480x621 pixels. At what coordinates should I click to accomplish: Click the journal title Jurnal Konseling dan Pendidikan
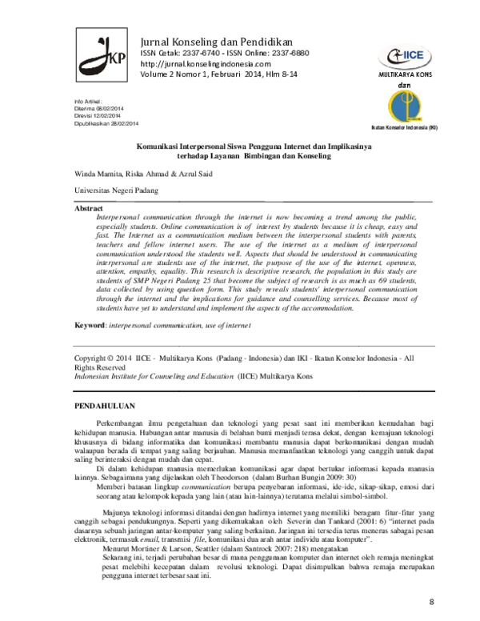216,41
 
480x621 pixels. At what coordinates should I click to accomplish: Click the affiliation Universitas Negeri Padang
116,190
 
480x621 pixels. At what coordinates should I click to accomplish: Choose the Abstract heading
89,207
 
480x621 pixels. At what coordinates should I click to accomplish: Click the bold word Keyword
90,325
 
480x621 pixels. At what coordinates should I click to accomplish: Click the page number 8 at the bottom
432,600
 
